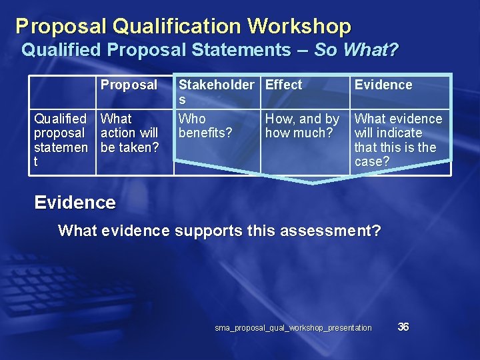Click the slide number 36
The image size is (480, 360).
(403, 327)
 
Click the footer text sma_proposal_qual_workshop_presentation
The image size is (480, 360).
(293, 328)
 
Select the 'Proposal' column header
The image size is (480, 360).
(129, 85)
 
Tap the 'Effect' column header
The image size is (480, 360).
(283, 85)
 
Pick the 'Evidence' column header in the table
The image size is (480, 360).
(383, 85)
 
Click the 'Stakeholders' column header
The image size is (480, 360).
(216, 91)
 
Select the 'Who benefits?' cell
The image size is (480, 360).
(205, 126)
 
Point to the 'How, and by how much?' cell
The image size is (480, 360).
(302, 126)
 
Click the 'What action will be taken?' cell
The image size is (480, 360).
(129, 133)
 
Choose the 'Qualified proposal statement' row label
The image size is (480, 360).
(61, 140)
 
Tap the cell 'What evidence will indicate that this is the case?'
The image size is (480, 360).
(398, 140)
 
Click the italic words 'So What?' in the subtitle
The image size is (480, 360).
(356, 50)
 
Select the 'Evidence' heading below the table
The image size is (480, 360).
(75, 203)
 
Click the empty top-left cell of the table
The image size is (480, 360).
(62, 92)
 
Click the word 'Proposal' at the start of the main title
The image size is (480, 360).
(61, 27)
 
